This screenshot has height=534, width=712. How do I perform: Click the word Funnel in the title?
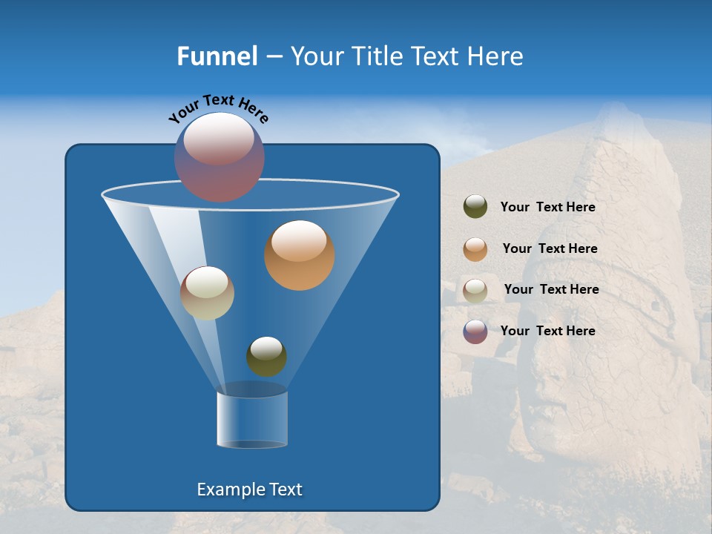click(x=217, y=56)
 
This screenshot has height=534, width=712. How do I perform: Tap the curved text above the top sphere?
click(x=218, y=108)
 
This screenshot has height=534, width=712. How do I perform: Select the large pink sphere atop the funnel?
click(x=220, y=157)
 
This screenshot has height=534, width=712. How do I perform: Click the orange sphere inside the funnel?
click(x=300, y=256)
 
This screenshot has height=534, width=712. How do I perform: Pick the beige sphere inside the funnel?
click(x=207, y=294)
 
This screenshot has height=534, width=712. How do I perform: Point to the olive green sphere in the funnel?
click(x=266, y=357)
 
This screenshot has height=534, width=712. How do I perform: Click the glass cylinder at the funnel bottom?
click(x=252, y=420)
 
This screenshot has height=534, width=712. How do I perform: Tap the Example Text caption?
click(x=249, y=489)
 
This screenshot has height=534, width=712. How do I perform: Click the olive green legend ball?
click(x=475, y=207)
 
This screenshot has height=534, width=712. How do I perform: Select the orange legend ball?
click(x=475, y=249)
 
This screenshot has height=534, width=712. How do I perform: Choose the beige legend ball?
click(x=475, y=291)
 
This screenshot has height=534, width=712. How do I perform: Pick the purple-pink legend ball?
click(x=475, y=332)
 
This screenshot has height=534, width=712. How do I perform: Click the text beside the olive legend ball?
click(x=547, y=208)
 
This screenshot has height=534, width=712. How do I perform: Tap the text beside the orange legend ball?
click(x=550, y=248)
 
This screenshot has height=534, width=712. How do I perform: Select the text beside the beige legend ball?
click(x=551, y=289)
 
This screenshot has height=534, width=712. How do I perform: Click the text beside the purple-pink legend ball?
click(x=547, y=331)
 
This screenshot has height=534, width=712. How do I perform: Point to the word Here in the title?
click(x=496, y=56)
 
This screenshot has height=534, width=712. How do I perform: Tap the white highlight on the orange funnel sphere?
click(x=299, y=241)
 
